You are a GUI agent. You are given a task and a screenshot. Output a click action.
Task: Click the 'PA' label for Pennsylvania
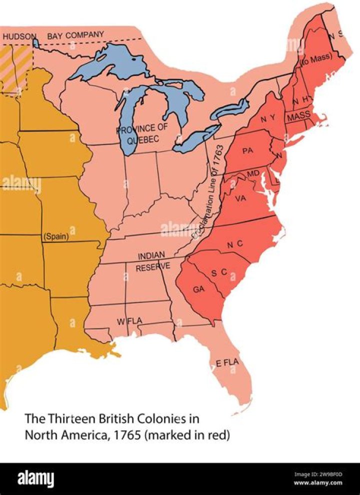(247, 151)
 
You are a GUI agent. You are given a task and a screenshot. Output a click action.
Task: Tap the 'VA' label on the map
(240, 198)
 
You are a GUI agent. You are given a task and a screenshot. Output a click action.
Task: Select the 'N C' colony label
(234, 244)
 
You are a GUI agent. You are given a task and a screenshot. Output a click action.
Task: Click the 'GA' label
(199, 289)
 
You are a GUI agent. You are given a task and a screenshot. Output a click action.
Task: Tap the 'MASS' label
(298, 115)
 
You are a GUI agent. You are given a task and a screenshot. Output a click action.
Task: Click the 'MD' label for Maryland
(253, 173)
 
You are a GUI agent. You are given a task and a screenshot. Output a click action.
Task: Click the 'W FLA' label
(127, 321)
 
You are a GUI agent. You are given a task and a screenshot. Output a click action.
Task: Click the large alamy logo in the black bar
(36, 478)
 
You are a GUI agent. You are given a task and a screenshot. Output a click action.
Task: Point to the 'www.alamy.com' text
(325, 483)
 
